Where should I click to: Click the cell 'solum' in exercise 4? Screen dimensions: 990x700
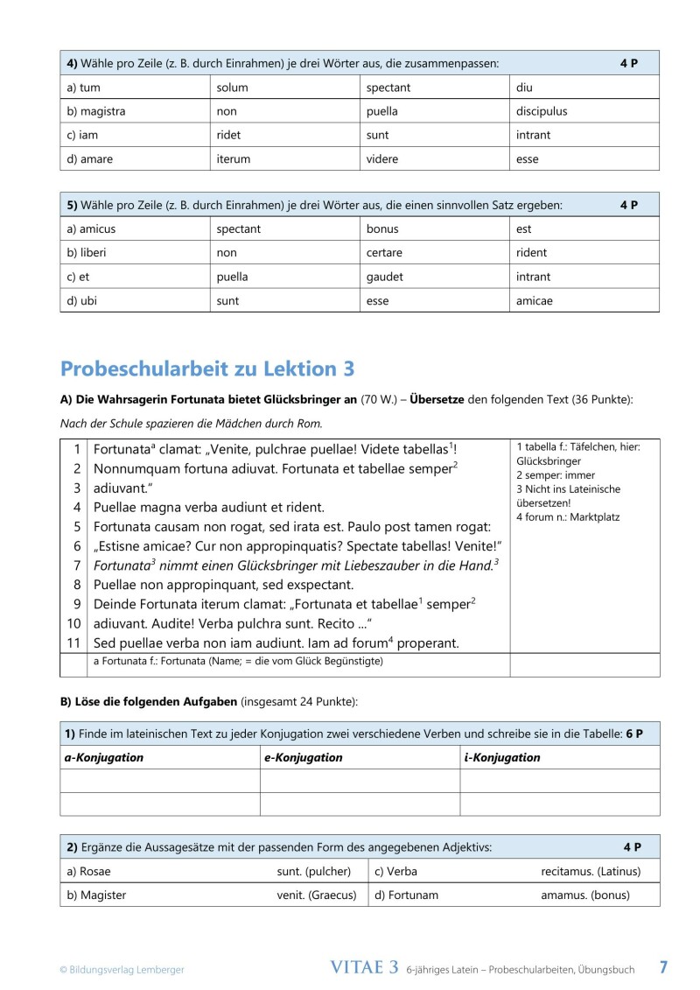(232, 88)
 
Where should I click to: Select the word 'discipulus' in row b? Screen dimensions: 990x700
(542, 111)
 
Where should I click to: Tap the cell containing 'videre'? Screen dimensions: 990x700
(382, 159)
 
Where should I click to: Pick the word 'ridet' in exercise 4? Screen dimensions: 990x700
(228, 136)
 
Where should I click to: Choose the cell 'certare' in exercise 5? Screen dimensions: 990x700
(384, 253)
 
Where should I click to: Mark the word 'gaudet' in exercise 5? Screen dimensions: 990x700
(385, 277)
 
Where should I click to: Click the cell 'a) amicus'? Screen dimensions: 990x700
(91, 229)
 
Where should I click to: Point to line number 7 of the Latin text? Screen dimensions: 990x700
(77, 565)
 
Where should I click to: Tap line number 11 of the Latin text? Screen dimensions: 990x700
(74, 642)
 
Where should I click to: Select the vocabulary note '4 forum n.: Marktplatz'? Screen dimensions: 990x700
(567, 517)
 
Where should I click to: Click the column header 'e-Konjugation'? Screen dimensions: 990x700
(303, 757)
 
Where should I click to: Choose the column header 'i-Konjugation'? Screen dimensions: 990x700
(501, 757)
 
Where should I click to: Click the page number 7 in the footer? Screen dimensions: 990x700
(663, 967)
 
